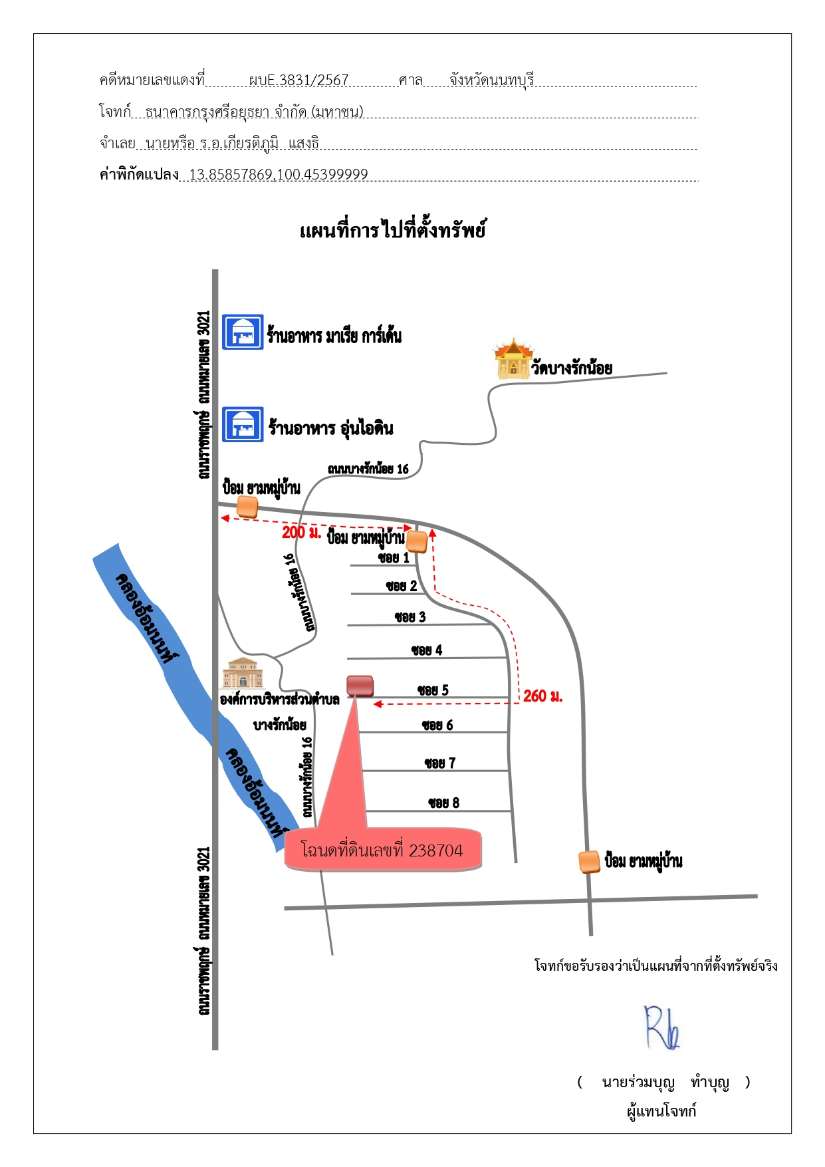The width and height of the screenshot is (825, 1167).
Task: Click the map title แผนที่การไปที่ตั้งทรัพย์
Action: pos(392,230)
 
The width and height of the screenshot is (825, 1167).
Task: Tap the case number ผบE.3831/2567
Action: pos(298,80)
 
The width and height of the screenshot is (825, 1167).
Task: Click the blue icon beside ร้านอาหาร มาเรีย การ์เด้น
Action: pos(243,332)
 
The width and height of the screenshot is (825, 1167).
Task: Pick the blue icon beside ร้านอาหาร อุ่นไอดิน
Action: pos(243,424)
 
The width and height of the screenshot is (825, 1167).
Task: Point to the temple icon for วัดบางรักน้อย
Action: pos(513,358)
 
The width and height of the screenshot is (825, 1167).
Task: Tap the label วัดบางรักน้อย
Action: pos(572,368)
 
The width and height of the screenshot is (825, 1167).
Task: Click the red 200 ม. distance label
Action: pos(301,532)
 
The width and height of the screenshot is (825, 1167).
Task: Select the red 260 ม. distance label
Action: pos(542,696)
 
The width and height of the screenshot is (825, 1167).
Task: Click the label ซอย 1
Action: pos(394,557)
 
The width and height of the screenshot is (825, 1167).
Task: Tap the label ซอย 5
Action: pos(433,690)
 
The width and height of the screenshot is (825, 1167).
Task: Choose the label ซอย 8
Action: pos(443,803)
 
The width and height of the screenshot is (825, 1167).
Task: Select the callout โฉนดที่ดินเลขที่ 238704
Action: pos(383,849)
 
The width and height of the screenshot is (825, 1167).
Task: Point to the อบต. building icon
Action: pos(242,673)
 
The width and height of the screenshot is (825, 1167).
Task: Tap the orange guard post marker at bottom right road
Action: pos(590,862)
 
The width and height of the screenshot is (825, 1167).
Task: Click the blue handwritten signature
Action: pos(662,1027)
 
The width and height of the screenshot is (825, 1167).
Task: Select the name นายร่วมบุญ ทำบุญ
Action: pos(665,1082)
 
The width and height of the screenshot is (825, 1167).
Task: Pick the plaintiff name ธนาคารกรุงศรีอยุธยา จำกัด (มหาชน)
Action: pos(255,112)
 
